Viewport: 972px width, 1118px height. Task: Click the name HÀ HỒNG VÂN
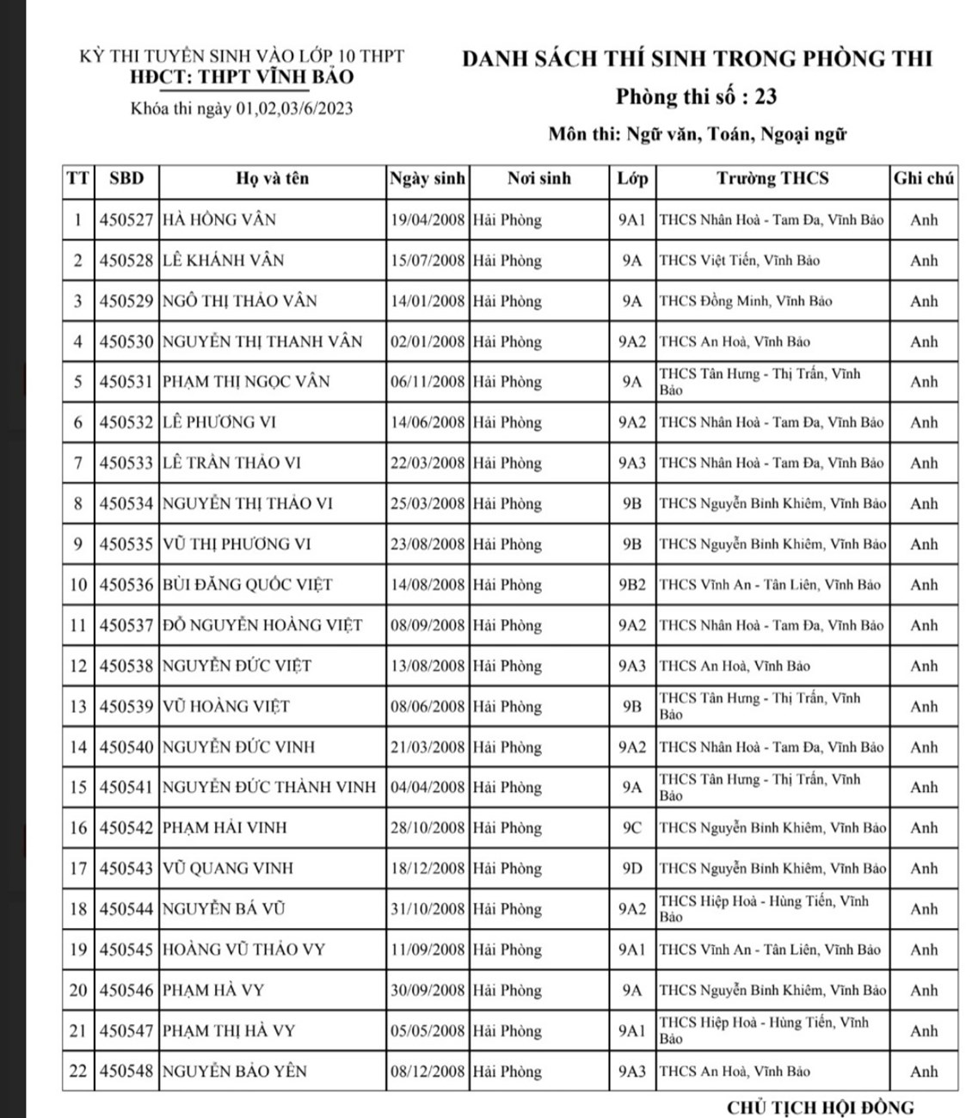pyautogui.click(x=219, y=220)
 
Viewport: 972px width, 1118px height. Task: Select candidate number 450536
pyautogui.click(x=126, y=585)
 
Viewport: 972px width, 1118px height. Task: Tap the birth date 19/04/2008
pyautogui.click(x=428, y=220)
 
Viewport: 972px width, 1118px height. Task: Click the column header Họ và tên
pyautogui.click(x=272, y=179)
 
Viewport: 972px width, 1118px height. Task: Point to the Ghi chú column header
pyautogui.click(x=924, y=179)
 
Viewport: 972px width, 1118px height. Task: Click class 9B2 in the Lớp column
pyautogui.click(x=632, y=585)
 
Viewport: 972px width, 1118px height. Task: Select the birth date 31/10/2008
pyautogui.click(x=428, y=909)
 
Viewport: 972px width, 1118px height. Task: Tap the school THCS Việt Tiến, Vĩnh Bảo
pyautogui.click(x=739, y=261)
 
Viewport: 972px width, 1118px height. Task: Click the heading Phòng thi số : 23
pyautogui.click(x=696, y=97)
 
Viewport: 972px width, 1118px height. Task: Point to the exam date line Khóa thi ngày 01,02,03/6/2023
pyautogui.click(x=242, y=109)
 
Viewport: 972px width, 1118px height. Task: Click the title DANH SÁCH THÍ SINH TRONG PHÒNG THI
pyautogui.click(x=697, y=59)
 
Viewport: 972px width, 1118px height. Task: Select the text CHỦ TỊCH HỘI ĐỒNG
pyautogui.click(x=820, y=1107)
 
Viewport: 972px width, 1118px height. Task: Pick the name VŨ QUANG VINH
pyautogui.click(x=228, y=869)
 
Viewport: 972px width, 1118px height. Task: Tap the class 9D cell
pyautogui.click(x=632, y=869)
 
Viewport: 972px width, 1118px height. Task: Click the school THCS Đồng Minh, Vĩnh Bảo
pyautogui.click(x=745, y=301)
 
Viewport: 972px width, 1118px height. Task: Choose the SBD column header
pyautogui.click(x=126, y=179)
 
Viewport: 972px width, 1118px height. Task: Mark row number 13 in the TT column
pyautogui.click(x=78, y=707)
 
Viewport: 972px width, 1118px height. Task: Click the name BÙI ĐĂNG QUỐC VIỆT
pyautogui.click(x=248, y=585)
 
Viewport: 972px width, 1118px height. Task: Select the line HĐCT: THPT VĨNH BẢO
pyautogui.click(x=241, y=77)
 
